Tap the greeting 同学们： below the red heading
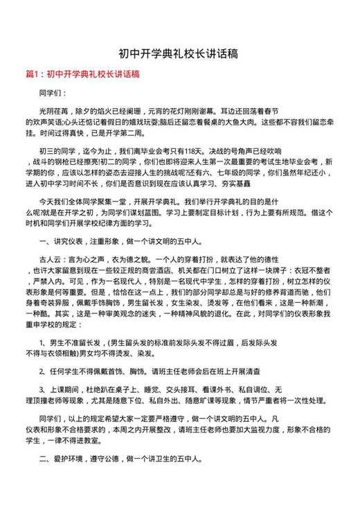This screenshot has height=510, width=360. [52, 92]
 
